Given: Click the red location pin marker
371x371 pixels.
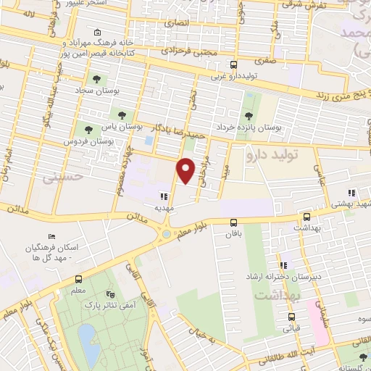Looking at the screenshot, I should coord(186,170).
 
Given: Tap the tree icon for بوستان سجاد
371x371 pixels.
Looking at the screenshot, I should coord(96,79).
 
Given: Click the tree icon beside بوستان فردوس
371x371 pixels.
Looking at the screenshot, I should coord(88,130).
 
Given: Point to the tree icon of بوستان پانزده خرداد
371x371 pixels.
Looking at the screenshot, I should coord(249,115).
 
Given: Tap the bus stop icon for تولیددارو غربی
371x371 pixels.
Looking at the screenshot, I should coord(233,64).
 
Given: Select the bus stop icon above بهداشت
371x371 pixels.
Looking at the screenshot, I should coord(307,217).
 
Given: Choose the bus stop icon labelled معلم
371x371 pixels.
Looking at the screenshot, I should coord(78,280).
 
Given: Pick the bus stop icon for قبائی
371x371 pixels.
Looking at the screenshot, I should coord(291,317).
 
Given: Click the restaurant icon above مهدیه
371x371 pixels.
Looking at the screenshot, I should coord(164,196).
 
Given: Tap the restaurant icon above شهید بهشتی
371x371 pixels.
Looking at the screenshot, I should coord(351,193).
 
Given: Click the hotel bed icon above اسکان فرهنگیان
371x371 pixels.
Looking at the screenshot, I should coord(51,237).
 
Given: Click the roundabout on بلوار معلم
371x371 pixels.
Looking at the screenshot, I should coord(167,233).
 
